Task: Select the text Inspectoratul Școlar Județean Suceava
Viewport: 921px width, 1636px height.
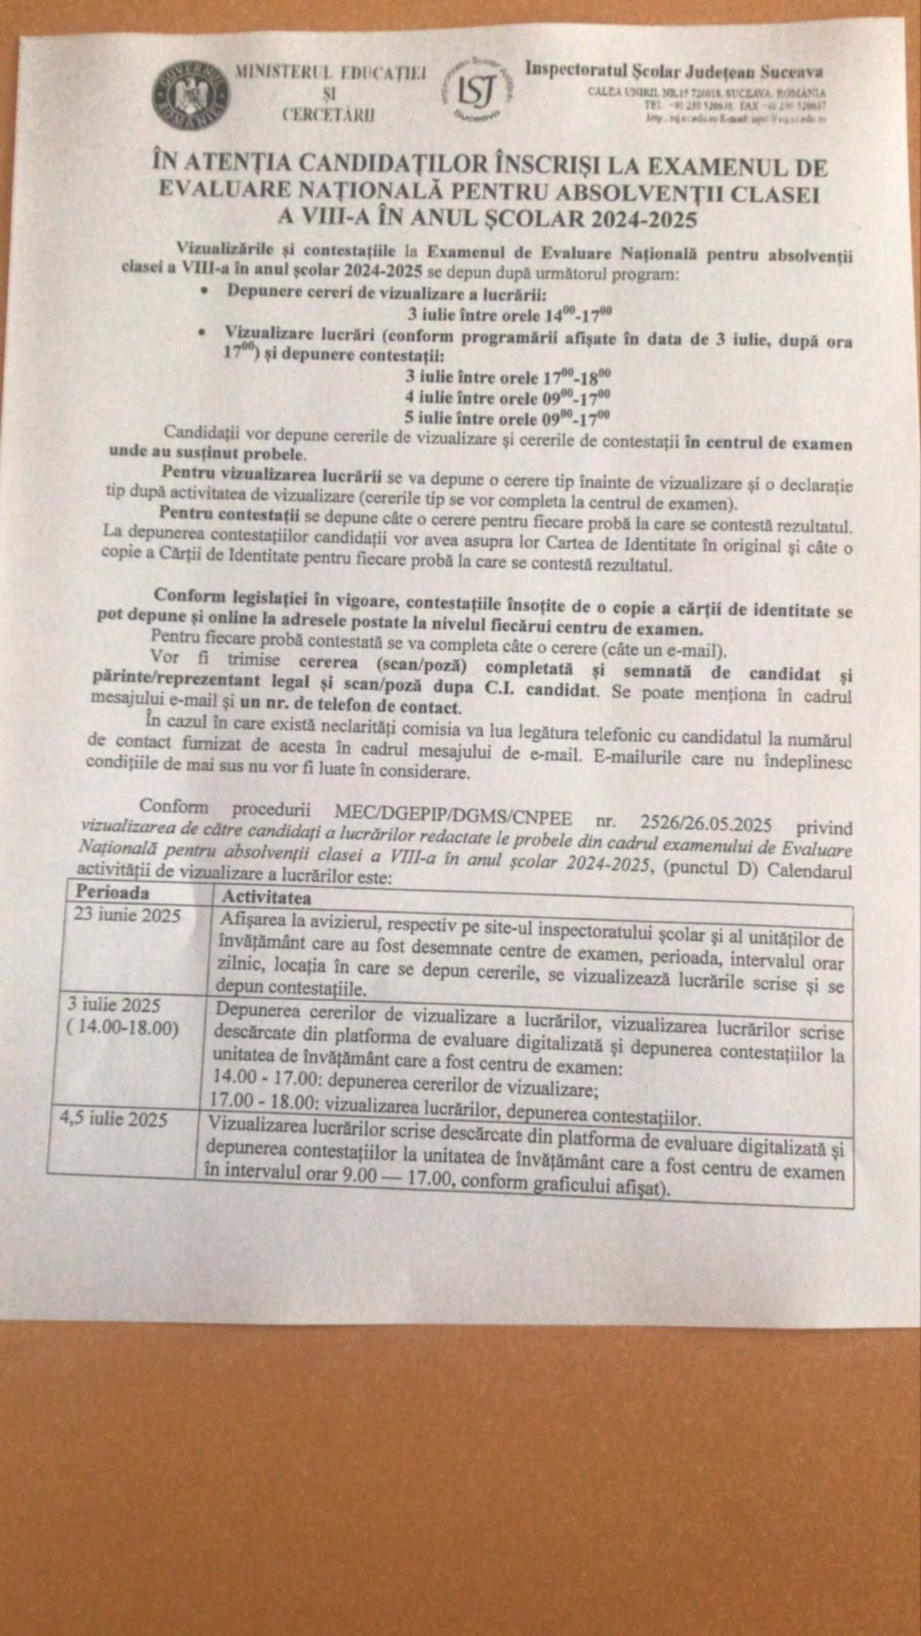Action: tap(674, 70)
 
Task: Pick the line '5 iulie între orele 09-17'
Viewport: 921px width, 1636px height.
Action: tap(509, 415)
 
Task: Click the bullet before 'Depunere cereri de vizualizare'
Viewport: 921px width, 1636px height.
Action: tap(206, 292)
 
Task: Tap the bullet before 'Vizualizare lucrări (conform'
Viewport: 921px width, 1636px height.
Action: tap(206, 333)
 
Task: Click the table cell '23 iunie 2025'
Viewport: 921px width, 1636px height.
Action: tap(117, 915)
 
